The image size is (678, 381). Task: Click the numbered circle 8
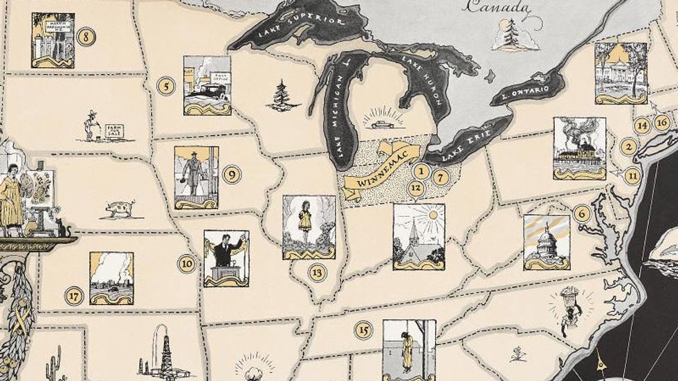(x=86, y=37)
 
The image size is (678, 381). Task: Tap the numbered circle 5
(x=165, y=86)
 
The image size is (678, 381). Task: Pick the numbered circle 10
(x=187, y=263)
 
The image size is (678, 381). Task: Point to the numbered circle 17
(x=74, y=296)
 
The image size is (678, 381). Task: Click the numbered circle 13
(x=318, y=272)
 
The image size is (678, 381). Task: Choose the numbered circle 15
(x=363, y=329)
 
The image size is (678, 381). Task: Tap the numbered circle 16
(x=662, y=123)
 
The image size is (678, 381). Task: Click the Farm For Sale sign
(x=112, y=130)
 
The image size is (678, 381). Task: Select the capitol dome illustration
(x=547, y=242)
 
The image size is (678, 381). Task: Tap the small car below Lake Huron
(x=381, y=125)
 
